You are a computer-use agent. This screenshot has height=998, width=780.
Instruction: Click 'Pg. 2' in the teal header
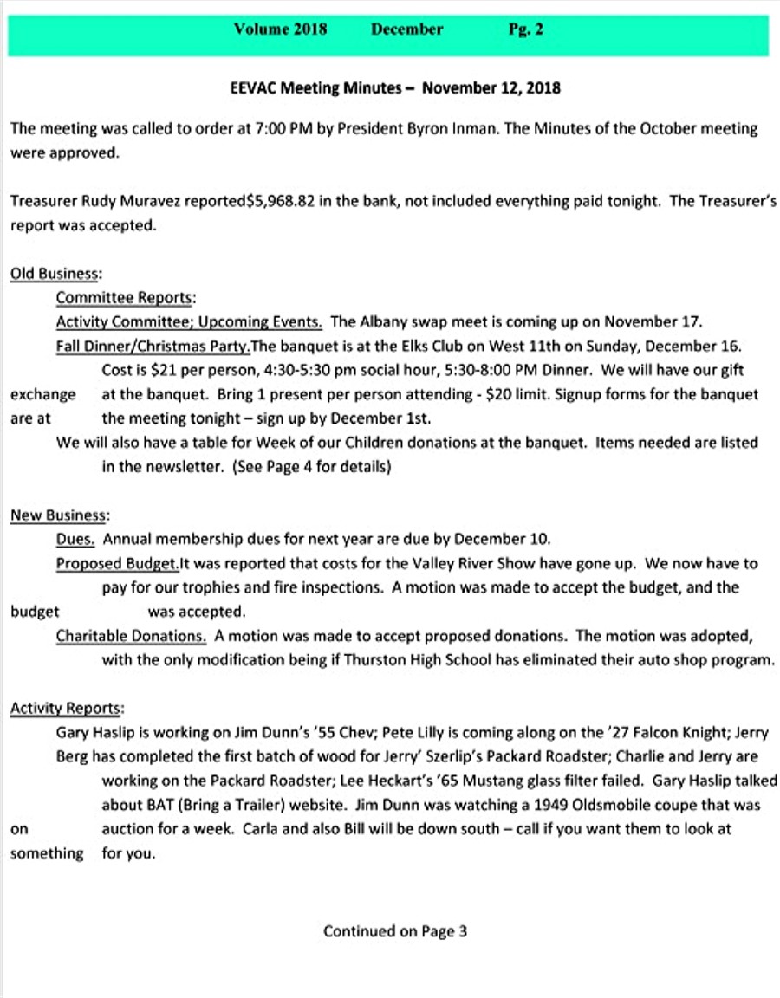point(525,29)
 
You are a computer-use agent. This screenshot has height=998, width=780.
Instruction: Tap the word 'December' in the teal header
point(406,29)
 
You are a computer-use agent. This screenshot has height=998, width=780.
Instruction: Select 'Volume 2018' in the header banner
point(280,29)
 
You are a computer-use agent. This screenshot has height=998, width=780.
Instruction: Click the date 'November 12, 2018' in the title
point(491,87)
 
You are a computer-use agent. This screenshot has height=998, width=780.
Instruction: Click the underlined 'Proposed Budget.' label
point(117,564)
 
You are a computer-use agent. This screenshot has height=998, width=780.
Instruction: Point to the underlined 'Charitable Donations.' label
point(131,636)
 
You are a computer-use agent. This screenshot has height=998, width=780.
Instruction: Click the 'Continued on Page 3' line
point(395,931)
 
